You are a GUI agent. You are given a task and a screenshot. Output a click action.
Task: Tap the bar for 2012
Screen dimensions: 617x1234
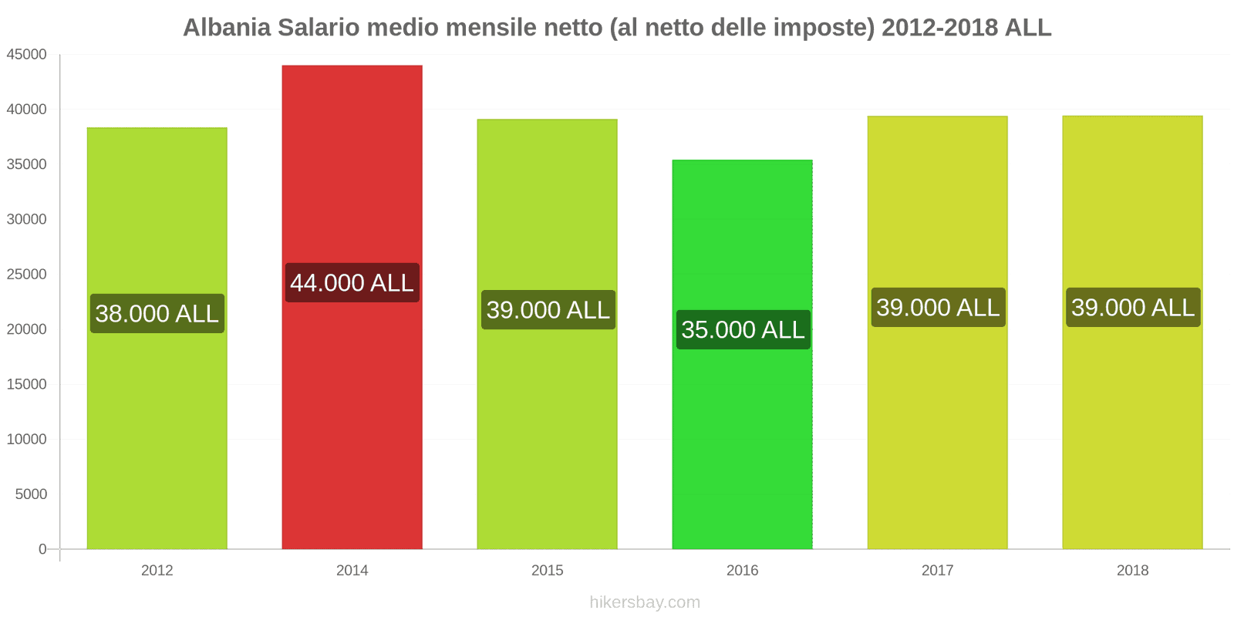tap(157, 432)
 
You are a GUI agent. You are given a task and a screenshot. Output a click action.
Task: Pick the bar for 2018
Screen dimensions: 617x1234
tap(1132, 432)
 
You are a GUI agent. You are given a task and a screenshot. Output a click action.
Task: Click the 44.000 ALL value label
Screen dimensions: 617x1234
tap(352, 282)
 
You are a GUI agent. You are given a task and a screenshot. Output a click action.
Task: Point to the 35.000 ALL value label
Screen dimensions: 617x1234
tap(743, 329)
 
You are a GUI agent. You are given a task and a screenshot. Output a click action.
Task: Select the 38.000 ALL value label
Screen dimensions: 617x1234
tap(157, 313)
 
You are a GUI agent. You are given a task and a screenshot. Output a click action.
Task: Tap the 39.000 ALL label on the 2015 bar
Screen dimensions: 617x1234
tap(548, 309)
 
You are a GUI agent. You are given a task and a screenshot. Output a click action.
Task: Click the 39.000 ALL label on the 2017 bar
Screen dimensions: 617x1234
tap(938, 307)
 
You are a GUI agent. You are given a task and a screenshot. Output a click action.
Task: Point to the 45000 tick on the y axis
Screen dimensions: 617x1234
tap(27, 55)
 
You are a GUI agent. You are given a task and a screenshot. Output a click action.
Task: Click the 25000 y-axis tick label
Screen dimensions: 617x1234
tap(27, 275)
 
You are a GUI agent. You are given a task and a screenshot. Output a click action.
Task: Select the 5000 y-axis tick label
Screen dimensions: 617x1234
tap(31, 494)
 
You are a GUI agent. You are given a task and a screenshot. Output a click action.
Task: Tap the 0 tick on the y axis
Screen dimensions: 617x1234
tap(42, 549)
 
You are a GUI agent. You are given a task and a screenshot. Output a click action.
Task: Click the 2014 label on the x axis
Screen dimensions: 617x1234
tap(352, 571)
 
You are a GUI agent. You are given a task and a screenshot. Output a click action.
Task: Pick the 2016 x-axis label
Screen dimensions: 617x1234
tap(742, 571)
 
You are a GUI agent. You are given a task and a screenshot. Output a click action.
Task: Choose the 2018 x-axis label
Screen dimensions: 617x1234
tap(1132, 571)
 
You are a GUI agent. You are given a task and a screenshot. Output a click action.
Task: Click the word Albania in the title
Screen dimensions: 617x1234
tap(227, 28)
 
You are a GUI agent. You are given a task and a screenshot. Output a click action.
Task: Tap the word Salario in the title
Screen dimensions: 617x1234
tap(319, 28)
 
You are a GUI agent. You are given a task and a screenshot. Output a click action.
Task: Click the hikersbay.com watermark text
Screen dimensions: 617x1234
tap(645, 602)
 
